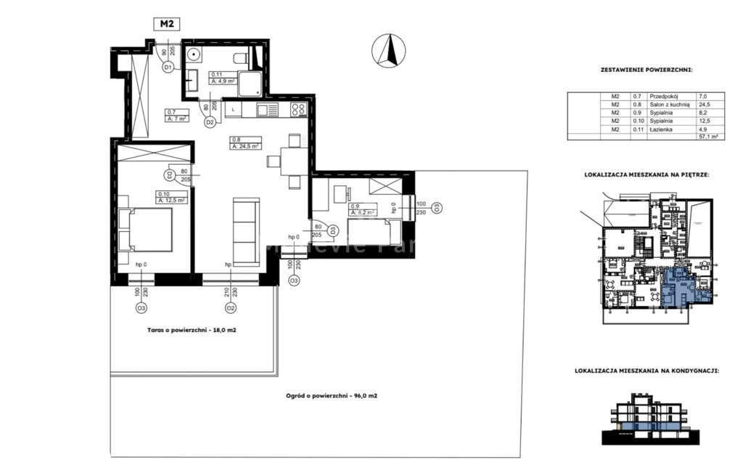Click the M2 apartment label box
click(x=167, y=24)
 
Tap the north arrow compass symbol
click(x=389, y=50)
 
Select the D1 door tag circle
click(x=167, y=68)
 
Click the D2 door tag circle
click(x=210, y=123)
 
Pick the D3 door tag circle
click(x=332, y=230)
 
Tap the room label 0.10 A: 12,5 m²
click(x=171, y=196)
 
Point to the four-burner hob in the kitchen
click(x=298, y=110)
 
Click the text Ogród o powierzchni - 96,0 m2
click(x=331, y=396)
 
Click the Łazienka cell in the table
click(x=662, y=129)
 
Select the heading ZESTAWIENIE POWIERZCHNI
click(x=646, y=70)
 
